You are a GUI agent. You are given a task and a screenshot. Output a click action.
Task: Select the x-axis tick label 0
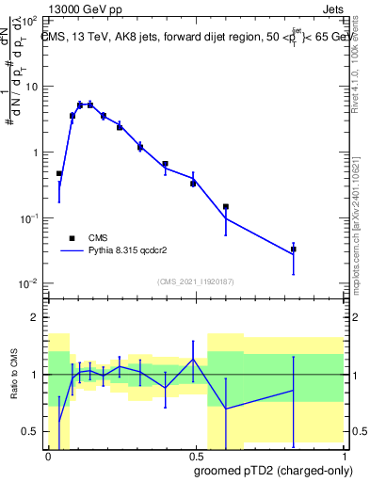pyautogui.click(x=47, y=455)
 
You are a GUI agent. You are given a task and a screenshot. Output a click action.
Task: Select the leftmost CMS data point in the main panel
pyautogui.click(x=59, y=174)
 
